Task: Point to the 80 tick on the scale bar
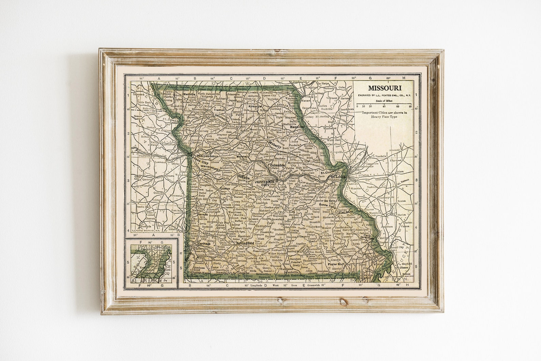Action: [x=411, y=107]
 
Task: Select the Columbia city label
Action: [x=277, y=165]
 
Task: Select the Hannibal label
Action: [x=297, y=127]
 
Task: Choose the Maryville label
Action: [x=189, y=94]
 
